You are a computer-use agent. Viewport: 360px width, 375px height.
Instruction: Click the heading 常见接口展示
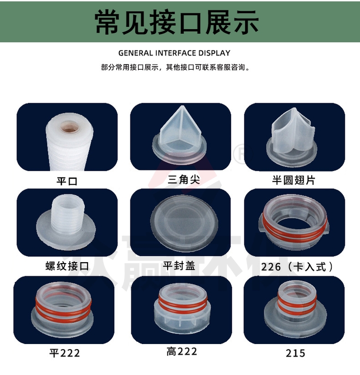(x=176, y=22)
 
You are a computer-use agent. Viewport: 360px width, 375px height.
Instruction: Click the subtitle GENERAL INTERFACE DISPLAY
(x=175, y=53)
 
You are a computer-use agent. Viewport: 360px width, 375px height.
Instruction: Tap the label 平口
(x=67, y=181)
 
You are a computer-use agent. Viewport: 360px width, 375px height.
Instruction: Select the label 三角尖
(x=184, y=180)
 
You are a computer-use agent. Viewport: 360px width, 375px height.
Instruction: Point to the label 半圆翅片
(x=293, y=180)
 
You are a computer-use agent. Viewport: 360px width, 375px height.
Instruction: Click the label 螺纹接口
(x=67, y=266)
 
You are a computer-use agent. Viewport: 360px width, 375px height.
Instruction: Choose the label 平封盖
(x=179, y=266)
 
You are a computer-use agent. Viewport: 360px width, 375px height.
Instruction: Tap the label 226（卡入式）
(x=297, y=267)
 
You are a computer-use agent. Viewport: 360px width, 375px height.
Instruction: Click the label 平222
(x=65, y=353)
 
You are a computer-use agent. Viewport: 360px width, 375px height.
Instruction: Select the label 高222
(x=182, y=351)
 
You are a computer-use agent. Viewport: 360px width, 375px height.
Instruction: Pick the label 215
(x=295, y=353)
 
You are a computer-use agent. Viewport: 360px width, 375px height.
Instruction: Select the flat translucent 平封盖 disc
(x=185, y=223)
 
